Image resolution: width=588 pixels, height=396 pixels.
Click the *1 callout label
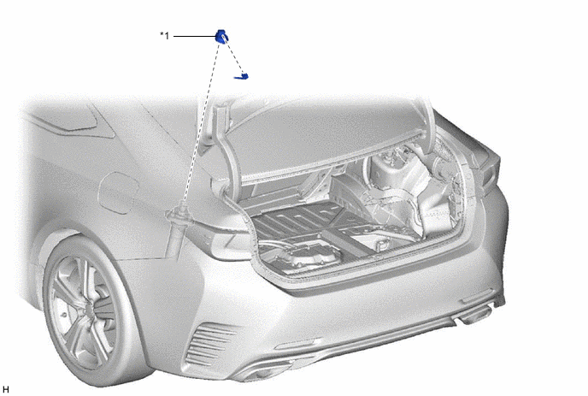(165, 36)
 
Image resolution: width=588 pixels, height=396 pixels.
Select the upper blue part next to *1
(221, 37)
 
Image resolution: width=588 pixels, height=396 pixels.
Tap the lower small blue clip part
(242, 77)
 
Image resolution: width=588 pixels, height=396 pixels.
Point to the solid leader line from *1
(194, 37)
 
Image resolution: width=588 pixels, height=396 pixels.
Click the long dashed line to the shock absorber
(201, 122)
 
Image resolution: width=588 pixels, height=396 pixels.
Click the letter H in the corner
(6, 390)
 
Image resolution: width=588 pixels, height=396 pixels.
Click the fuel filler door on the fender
(119, 192)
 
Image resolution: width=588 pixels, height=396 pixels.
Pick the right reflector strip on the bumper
(477, 296)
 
